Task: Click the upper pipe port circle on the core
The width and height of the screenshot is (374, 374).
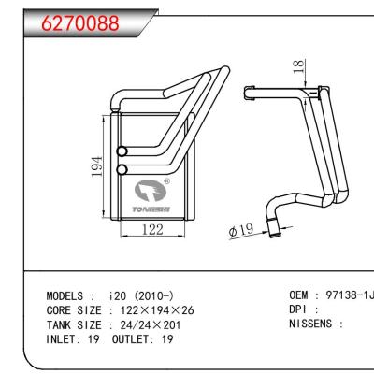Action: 121,152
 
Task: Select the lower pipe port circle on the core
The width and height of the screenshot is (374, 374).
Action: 121,169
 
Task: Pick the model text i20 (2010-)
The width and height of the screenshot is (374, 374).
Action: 148,295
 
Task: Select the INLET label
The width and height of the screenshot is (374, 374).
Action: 65,339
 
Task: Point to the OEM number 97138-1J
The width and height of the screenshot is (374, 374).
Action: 346,295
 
